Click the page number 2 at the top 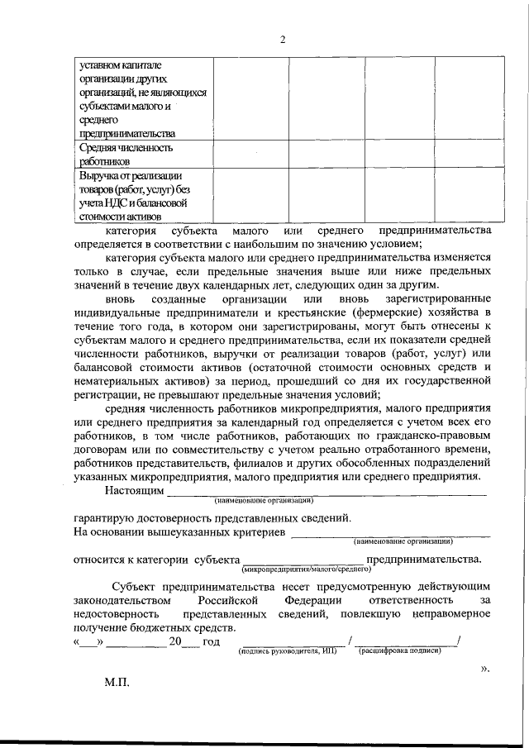click(282, 40)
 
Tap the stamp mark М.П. click(117, 684)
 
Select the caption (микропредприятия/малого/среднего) click(305, 569)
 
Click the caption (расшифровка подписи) click(399, 651)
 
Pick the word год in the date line click(211, 642)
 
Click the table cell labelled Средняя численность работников click(126, 155)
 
